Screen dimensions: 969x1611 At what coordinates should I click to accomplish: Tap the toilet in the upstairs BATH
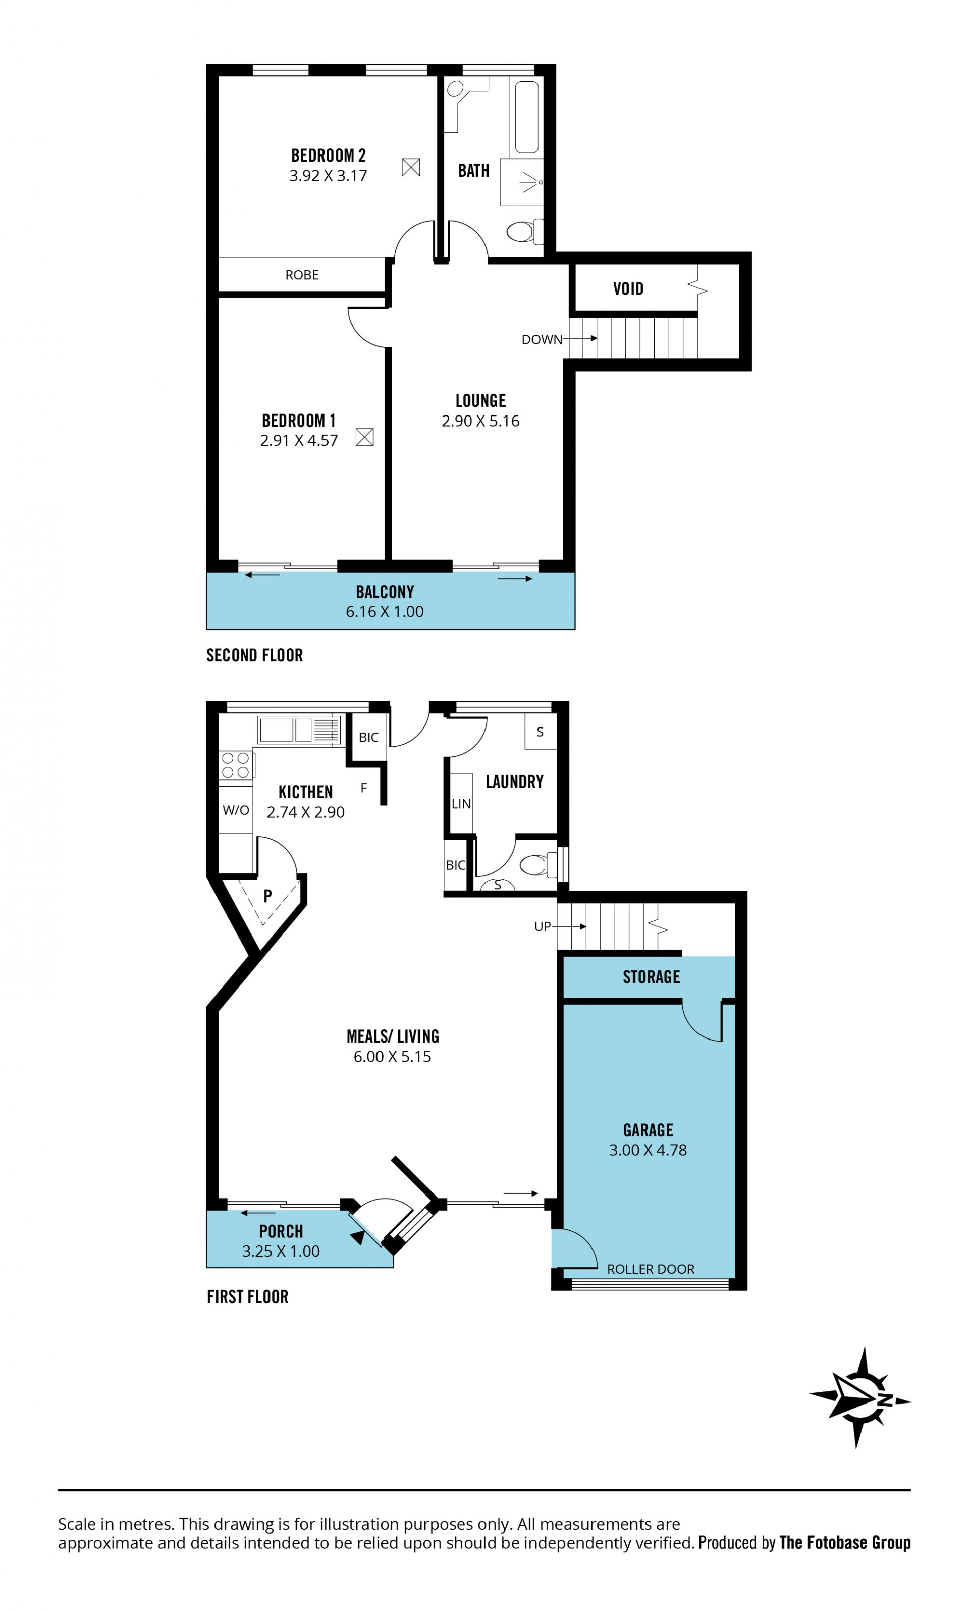(525, 231)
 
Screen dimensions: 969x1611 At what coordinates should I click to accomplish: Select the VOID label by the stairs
(628, 289)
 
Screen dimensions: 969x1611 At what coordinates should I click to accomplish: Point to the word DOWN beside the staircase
(542, 340)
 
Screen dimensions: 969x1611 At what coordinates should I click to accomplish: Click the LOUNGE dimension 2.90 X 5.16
(480, 421)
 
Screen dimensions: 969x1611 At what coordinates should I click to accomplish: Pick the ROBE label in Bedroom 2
(302, 275)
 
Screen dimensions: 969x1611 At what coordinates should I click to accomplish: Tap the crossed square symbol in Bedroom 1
(364, 437)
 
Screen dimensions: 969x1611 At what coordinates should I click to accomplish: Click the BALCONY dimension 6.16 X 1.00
(385, 612)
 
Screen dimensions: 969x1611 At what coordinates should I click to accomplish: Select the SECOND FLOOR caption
(255, 656)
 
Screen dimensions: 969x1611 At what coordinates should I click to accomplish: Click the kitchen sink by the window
(300, 730)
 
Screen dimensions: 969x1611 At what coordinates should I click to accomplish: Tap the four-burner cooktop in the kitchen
(236, 765)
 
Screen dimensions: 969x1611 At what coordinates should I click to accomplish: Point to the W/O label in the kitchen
(236, 810)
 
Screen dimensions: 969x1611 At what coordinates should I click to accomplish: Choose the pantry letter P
(267, 896)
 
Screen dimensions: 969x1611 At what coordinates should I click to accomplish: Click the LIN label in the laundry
(461, 804)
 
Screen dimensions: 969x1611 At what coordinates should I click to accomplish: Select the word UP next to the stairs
(542, 926)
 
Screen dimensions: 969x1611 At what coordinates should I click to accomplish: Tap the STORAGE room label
(651, 977)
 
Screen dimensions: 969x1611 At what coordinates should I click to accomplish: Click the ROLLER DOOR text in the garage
(651, 1269)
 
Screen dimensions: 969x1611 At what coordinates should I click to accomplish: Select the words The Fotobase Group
(845, 1542)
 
